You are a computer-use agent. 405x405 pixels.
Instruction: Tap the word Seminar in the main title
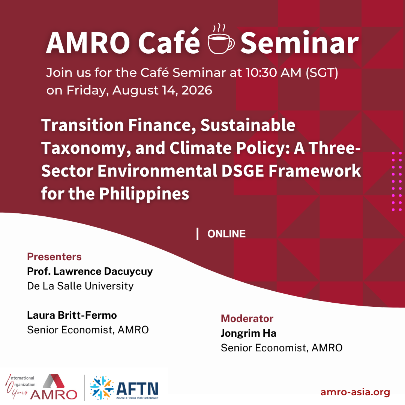(x=300, y=43)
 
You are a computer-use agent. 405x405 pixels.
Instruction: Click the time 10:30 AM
(x=273, y=73)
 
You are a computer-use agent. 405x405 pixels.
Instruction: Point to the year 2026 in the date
(x=197, y=90)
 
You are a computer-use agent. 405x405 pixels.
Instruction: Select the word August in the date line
(x=135, y=91)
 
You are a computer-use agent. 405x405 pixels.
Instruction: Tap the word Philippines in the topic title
(x=144, y=194)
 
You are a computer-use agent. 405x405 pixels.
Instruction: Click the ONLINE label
(x=226, y=234)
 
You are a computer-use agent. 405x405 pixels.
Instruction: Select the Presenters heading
(x=54, y=257)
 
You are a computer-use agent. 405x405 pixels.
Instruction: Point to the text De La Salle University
(x=80, y=286)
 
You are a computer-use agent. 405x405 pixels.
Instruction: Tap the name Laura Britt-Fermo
(x=72, y=315)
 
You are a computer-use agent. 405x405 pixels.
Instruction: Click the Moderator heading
(x=247, y=319)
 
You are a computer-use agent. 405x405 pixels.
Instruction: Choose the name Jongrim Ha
(x=249, y=333)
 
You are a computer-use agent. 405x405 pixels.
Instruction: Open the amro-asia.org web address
(x=355, y=392)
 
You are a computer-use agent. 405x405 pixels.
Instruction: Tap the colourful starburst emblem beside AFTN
(x=102, y=388)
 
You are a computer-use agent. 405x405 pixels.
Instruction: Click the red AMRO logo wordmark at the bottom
(x=54, y=394)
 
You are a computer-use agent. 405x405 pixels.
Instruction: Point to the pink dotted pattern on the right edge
(x=397, y=181)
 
